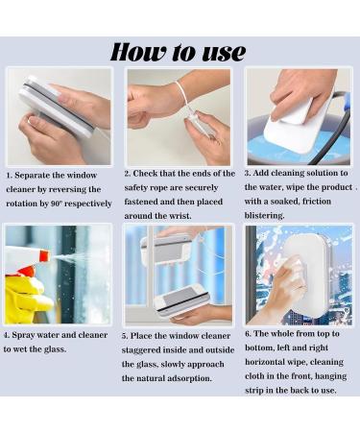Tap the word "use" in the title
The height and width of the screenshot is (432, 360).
pyautogui.click(x=220, y=52)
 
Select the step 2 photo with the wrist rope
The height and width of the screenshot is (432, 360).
pyautogui.click(x=179, y=116)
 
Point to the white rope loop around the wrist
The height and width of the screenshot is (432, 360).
pyautogui.click(x=180, y=97)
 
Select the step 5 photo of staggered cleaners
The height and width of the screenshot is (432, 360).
pyautogui.click(x=179, y=276)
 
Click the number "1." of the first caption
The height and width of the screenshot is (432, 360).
pyautogui.click(x=10, y=177)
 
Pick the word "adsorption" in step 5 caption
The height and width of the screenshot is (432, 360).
pyautogui.click(x=185, y=377)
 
